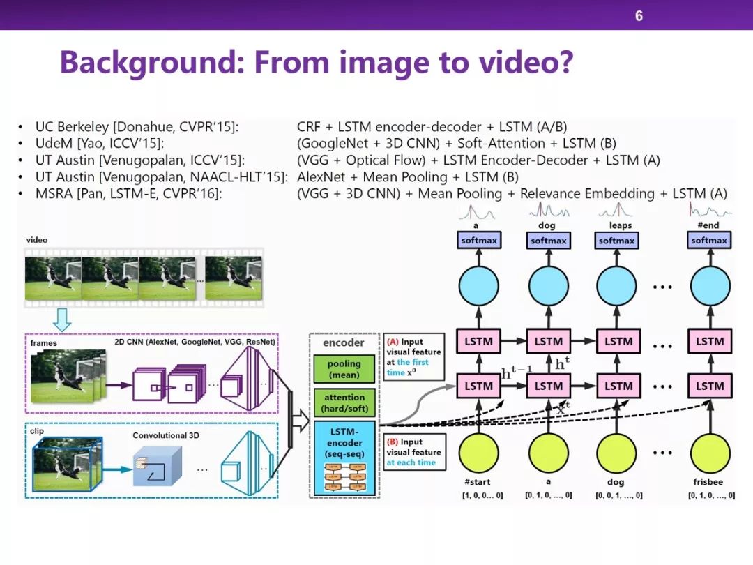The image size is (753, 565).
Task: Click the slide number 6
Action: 639,15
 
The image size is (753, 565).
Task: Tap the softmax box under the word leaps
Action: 616,241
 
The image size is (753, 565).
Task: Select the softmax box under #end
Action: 709,241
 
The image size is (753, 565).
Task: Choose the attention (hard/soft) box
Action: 344,402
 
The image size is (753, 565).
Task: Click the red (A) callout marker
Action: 393,342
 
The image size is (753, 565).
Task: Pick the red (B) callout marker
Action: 393,442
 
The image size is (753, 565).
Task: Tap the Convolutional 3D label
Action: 166,435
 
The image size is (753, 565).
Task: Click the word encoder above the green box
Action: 344,343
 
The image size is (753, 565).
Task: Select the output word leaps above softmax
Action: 619,225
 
